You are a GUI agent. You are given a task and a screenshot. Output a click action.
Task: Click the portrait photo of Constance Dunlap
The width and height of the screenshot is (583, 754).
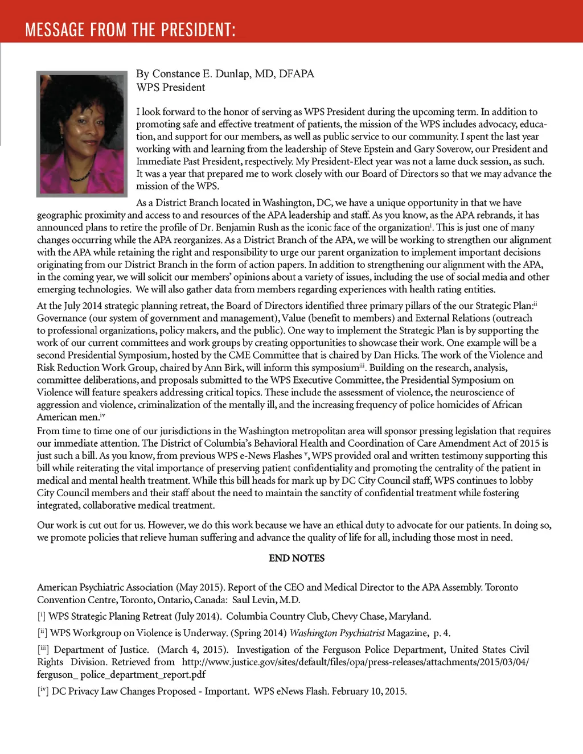coord(82,134)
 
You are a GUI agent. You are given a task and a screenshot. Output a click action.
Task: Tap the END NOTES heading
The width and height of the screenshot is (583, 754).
coord(297,558)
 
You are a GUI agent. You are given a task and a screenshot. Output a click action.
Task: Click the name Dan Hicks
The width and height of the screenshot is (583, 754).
coord(392,355)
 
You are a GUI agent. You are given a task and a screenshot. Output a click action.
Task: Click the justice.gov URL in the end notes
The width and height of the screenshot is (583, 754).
coord(355,662)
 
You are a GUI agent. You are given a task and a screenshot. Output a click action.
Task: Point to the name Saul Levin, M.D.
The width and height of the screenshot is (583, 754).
coord(266,600)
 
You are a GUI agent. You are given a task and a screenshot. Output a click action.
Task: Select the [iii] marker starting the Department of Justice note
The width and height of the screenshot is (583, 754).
coord(43,650)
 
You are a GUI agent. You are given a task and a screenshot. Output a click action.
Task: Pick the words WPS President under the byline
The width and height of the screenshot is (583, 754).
coord(171,88)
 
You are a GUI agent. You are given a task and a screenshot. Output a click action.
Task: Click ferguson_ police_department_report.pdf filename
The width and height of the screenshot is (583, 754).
coord(121,675)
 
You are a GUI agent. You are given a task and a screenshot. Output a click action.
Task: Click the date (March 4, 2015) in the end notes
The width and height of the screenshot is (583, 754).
coord(192,650)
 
